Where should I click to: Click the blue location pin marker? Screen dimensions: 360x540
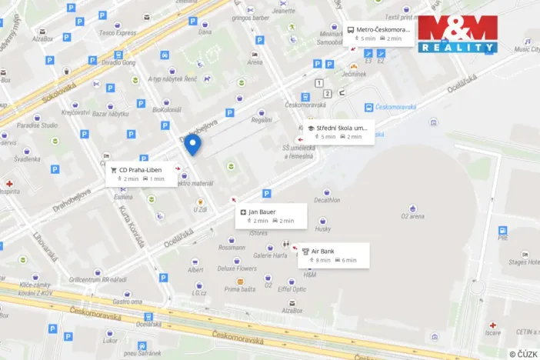click(x=195, y=144)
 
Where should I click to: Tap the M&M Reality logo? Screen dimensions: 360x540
click(x=458, y=34)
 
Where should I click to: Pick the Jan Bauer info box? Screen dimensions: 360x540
click(x=270, y=216)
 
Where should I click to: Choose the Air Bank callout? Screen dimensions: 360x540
click(x=334, y=255)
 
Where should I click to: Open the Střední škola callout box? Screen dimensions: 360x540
click(x=338, y=132)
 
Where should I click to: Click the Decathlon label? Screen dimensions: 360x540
click(x=327, y=201)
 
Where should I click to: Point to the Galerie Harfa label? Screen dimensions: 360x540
click(x=270, y=255)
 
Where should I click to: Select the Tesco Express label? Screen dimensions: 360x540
click(x=117, y=32)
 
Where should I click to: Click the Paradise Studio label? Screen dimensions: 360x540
click(x=38, y=125)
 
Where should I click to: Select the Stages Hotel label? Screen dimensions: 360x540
click(x=523, y=262)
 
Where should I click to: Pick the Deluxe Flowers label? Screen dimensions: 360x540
click(x=235, y=269)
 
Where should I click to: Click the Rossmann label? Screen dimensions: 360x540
click(x=232, y=248)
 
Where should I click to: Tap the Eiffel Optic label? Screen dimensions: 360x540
click(x=292, y=289)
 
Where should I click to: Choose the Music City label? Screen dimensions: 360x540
click(x=526, y=49)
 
